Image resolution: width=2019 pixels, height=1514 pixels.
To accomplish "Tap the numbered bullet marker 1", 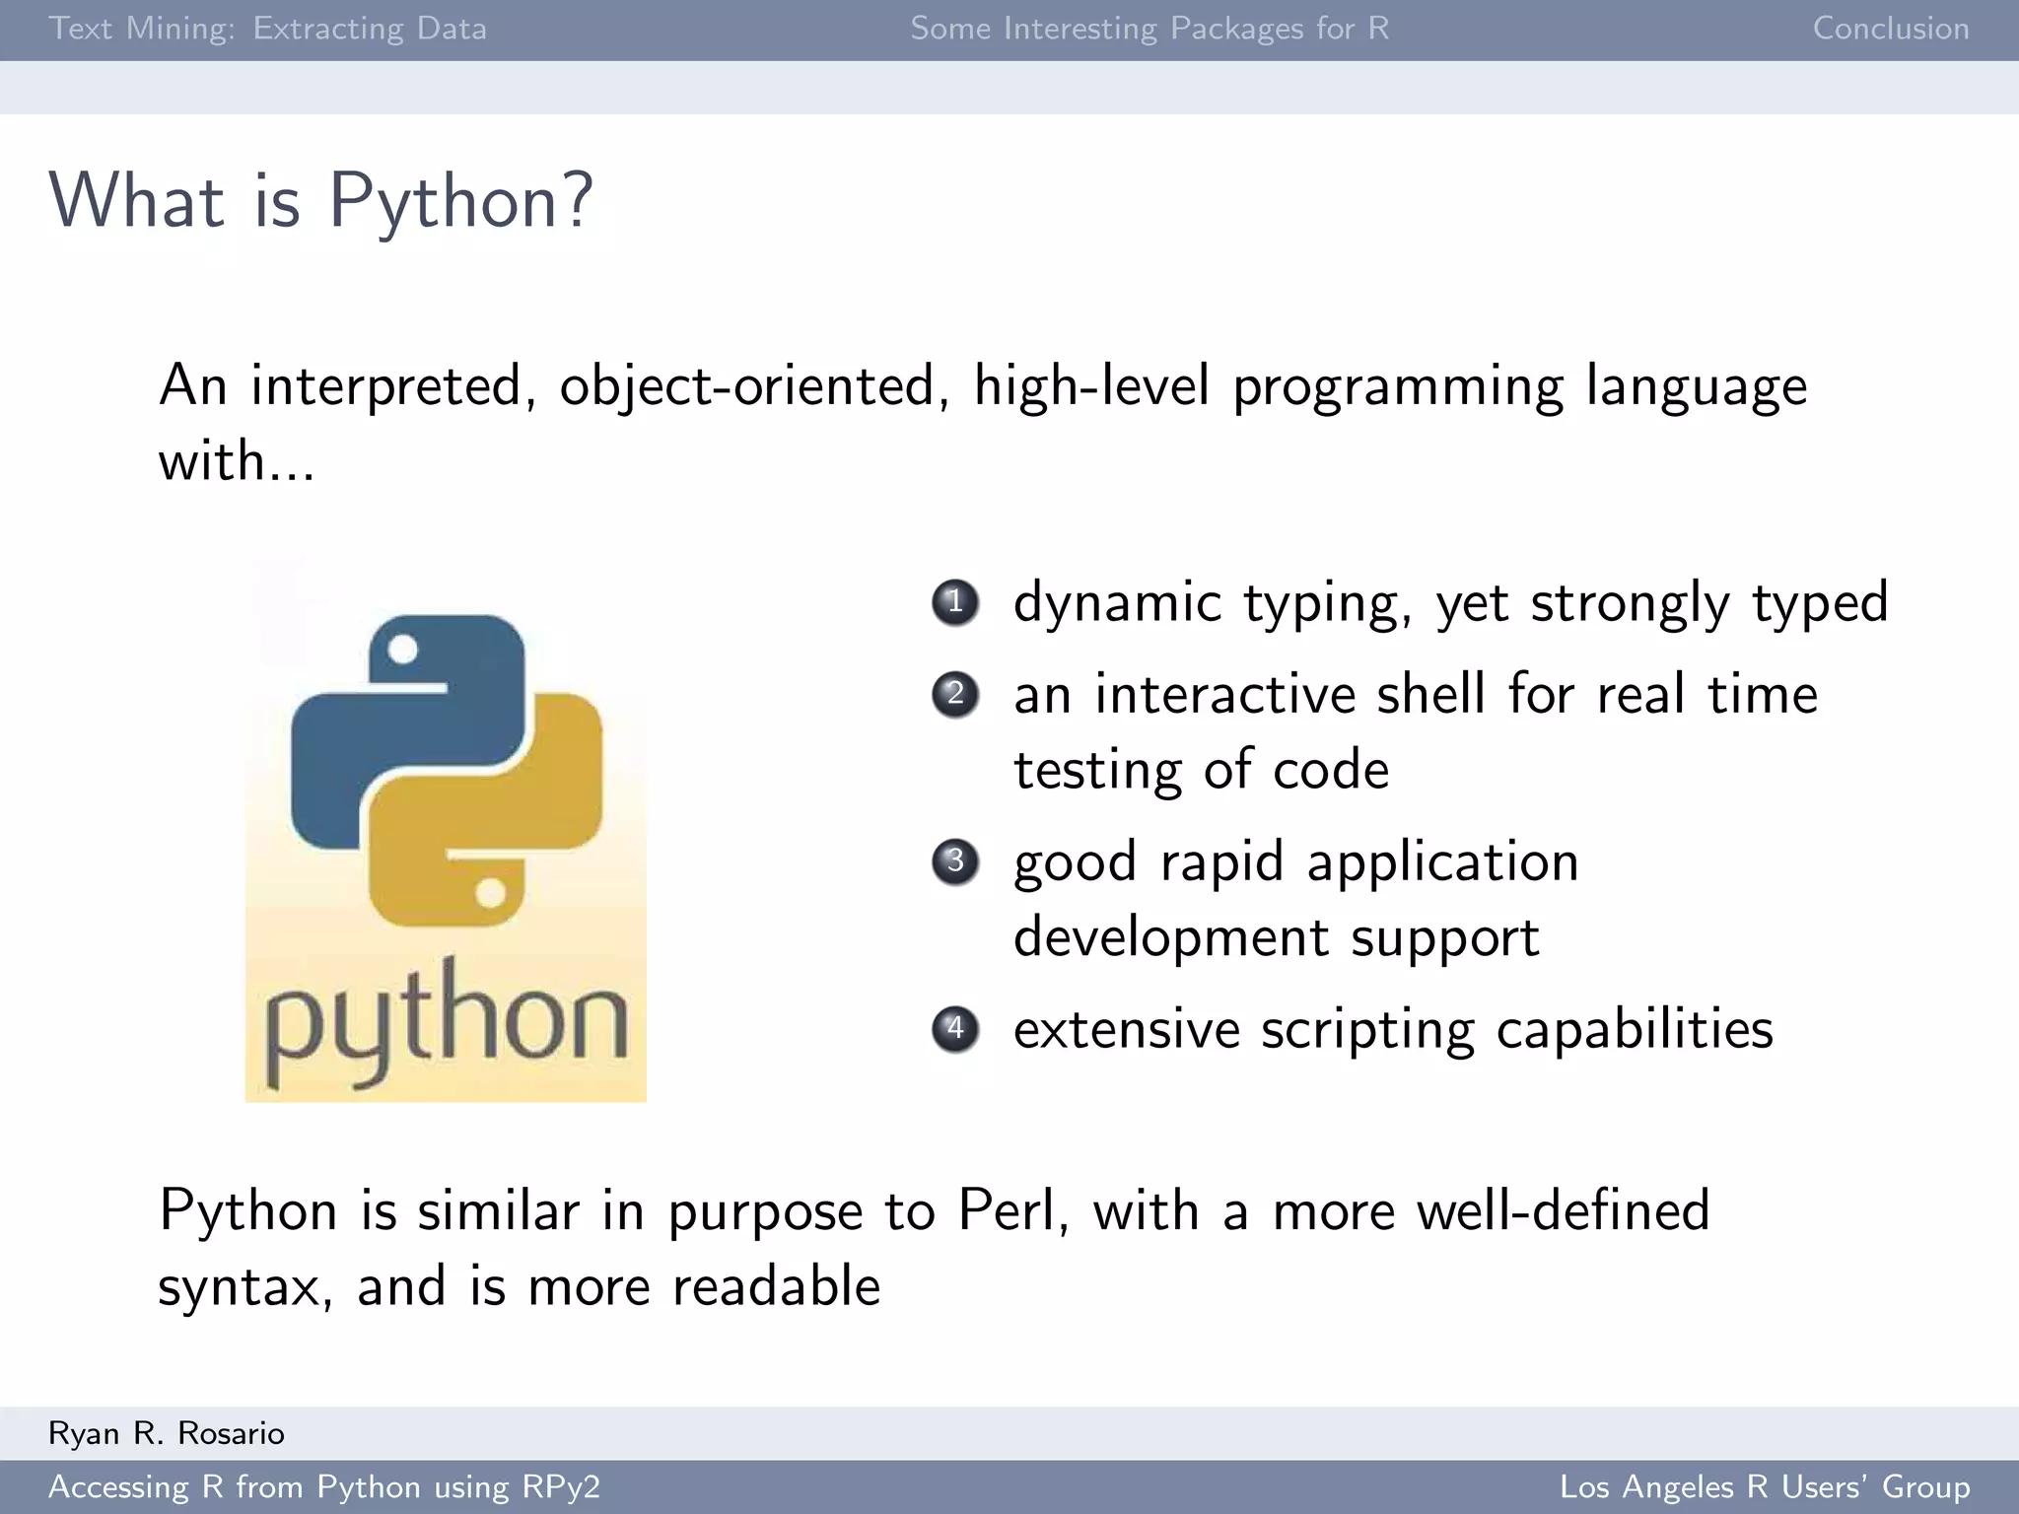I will pyautogui.click(x=954, y=602).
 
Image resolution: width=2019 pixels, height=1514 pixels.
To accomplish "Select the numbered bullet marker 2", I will pyautogui.click(x=954, y=694).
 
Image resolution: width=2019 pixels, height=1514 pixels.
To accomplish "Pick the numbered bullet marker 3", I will pyautogui.click(x=954, y=861).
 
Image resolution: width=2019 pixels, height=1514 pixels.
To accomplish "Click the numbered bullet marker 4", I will pyautogui.click(x=954, y=1029).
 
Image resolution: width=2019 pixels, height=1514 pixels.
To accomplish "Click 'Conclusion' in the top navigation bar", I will pyautogui.click(x=1890, y=29).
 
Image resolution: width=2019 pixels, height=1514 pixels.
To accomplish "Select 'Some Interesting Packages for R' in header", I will pyautogui.click(x=1149, y=29).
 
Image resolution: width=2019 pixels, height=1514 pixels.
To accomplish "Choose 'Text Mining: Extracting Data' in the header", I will pyautogui.click(x=267, y=29).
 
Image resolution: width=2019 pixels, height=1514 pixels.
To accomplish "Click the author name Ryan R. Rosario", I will pyautogui.click(x=167, y=1433).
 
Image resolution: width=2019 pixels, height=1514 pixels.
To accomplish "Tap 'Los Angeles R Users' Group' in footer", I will pyautogui.click(x=1764, y=1486).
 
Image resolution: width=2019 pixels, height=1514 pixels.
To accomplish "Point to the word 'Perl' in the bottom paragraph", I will pyautogui.click(x=1011, y=1210).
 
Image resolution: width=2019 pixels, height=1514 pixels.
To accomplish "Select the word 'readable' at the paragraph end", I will pyautogui.click(x=776, y=1287).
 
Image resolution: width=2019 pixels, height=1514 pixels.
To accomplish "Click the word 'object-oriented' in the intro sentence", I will pyautogui.click(x=746, y=385).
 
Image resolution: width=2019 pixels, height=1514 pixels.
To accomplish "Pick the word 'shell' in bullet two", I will pyautogui.click(x=1430, y=694).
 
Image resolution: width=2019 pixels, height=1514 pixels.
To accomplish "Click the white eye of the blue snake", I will pyautogui.click(x=402, y=650).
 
